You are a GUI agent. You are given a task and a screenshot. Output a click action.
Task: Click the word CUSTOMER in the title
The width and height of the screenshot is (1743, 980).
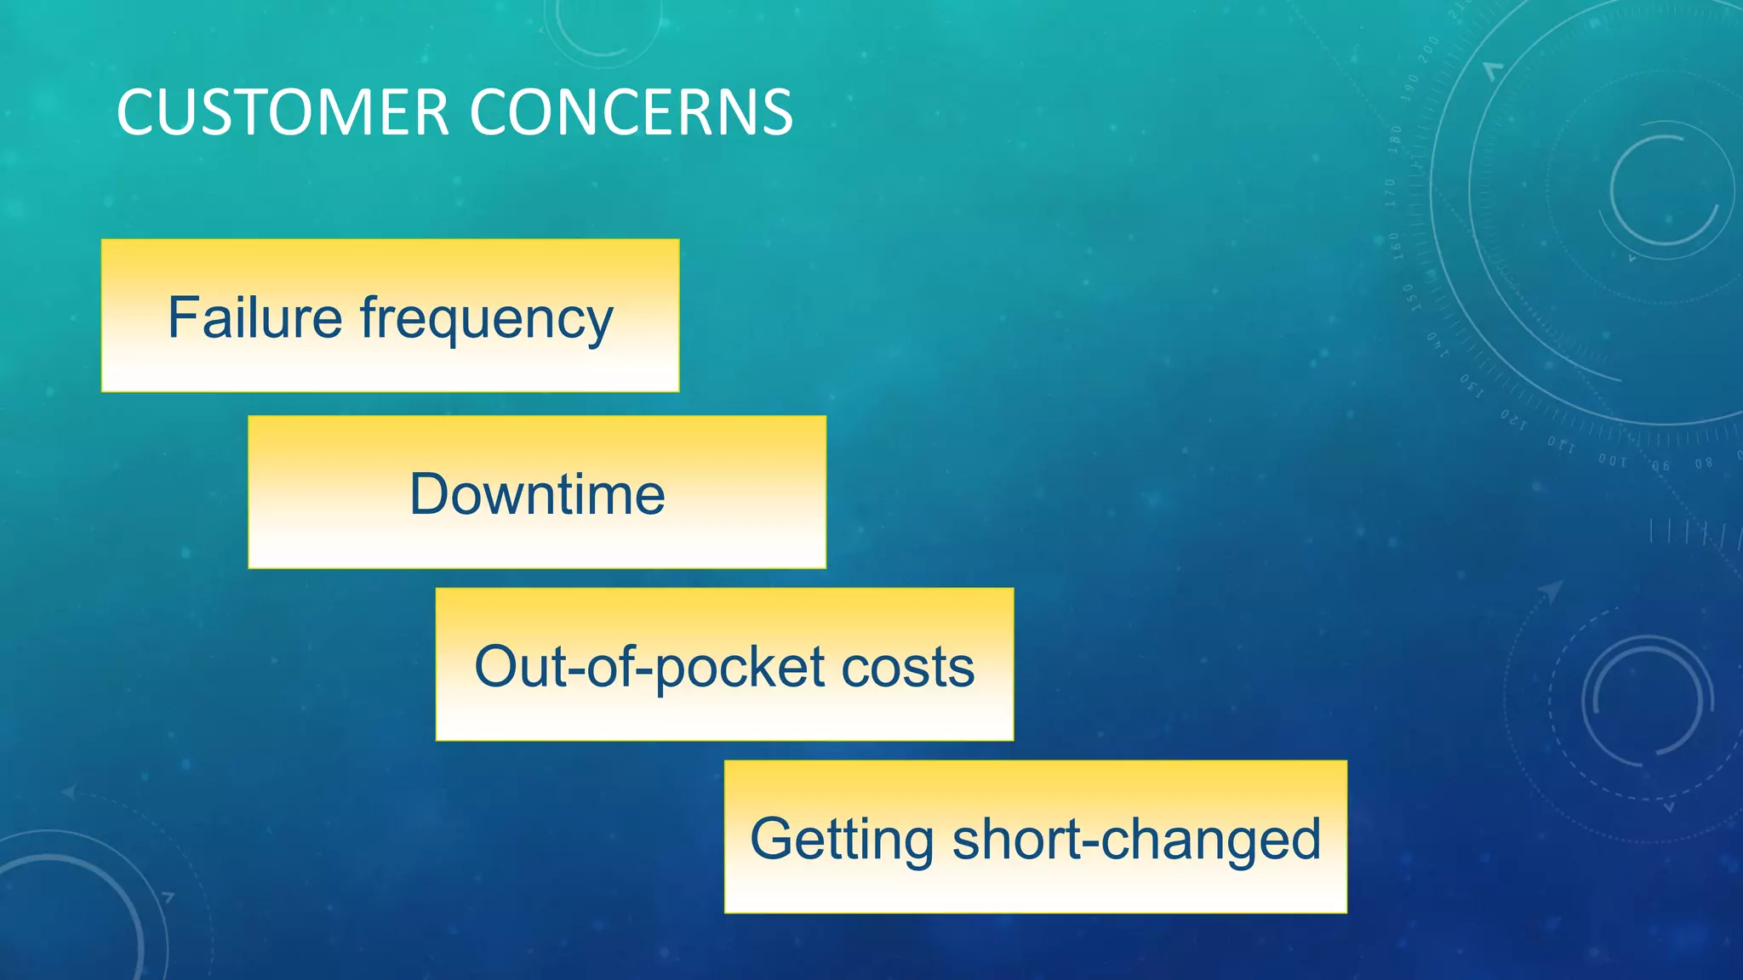(x=282, y=112)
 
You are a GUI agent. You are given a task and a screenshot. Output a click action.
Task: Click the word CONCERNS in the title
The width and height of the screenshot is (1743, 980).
(x=631, y=112)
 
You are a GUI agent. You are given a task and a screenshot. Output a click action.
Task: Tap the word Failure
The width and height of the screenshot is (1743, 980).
(x=254, y=317)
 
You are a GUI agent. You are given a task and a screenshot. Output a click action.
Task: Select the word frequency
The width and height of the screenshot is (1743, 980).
(x=486, y=320)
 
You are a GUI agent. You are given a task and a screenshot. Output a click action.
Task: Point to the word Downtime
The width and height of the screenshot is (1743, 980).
(x=537, y=494)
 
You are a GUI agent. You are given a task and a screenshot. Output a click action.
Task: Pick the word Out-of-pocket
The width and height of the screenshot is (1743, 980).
(x=649, y=667)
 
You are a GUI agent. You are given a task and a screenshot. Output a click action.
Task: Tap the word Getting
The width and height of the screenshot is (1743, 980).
(x=842, y=839)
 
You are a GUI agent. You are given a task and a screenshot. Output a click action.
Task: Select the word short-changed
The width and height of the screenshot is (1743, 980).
(x=1136, y=839)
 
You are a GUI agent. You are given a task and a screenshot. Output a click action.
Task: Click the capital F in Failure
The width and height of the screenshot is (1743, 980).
(x=180, y=317)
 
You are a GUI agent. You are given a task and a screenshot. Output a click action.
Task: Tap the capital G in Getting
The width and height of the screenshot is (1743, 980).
(x=771, y=839)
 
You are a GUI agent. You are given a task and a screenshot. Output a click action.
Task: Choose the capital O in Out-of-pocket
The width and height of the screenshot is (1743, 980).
(x=497, y=666)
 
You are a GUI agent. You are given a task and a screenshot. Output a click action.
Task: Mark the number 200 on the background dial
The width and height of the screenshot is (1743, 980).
(x=1429, y=48)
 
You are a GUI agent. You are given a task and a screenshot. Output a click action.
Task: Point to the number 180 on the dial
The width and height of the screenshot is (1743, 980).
(x=1395, y=139)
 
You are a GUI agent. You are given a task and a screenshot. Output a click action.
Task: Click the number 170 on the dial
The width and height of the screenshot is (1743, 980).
(x=1391, y=193)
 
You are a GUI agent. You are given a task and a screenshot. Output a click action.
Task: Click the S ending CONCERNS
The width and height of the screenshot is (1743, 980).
(x=777, y=112)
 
